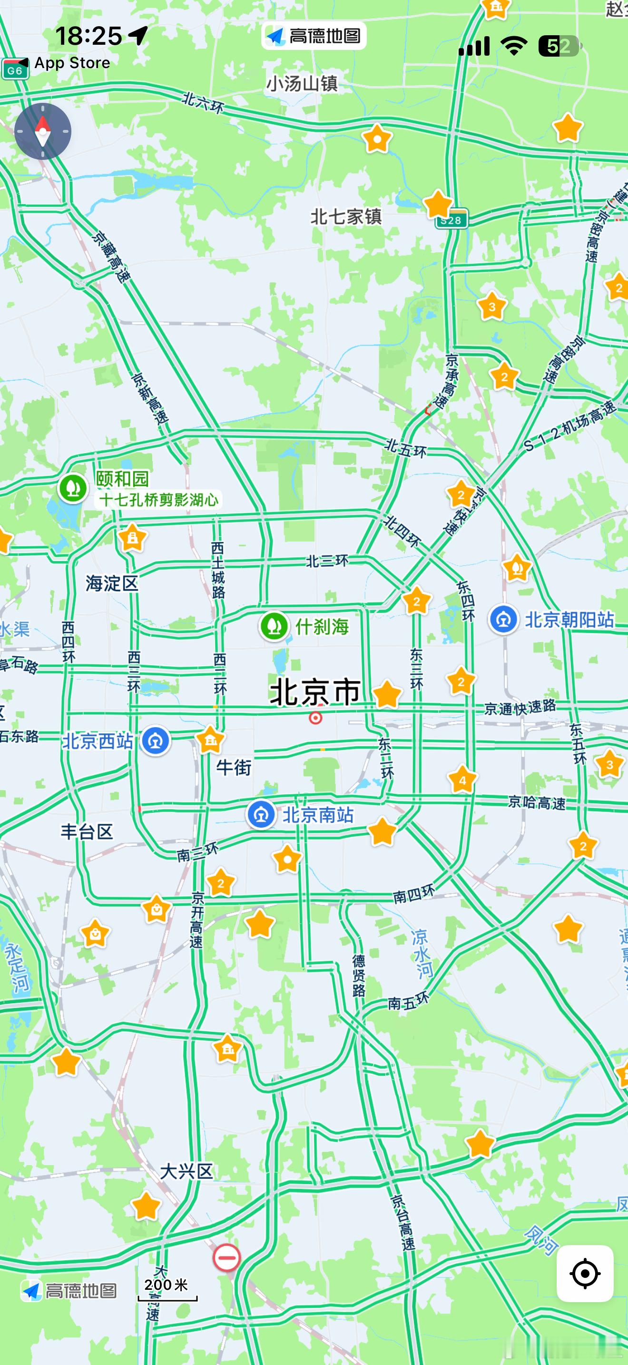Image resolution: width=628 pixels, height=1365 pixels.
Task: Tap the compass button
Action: click(42, 131)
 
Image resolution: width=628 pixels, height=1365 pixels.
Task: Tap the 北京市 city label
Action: click(315, 692)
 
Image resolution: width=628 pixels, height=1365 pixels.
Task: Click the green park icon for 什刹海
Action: click(274, 626)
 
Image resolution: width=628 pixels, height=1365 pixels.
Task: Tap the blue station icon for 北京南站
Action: click(261, 814)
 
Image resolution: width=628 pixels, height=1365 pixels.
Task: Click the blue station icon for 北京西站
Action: click(155, 741)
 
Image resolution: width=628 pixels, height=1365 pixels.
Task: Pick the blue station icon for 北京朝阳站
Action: click(503, 619)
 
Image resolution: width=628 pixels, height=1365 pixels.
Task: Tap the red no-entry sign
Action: click(226, 1257)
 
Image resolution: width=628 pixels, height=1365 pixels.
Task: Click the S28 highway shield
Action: click(451, 220)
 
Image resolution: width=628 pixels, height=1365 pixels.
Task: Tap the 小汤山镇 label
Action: click(302, 84)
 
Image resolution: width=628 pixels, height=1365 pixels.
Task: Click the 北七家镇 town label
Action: click(346, 216)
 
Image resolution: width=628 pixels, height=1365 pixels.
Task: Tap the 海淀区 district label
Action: click(112, 584)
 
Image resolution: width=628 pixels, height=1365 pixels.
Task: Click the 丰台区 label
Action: click(87, 831)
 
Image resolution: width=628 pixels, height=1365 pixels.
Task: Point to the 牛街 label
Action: click(234, 767)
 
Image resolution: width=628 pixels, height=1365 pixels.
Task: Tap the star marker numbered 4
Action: click(462, 780)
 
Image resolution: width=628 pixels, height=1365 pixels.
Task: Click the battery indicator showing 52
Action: click(559, 47)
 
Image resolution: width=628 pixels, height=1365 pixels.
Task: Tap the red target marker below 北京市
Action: click(315, 718)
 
